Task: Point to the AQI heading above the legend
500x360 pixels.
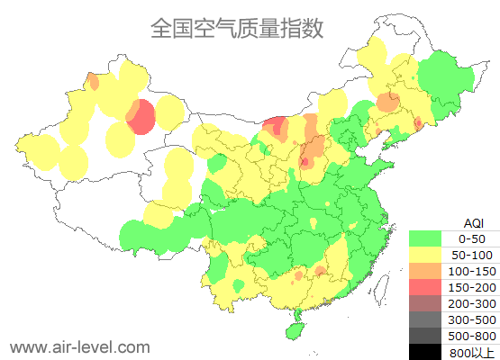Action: (x=473, y=222)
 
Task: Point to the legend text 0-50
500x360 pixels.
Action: (x=472, y=238)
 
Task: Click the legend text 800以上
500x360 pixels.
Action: (x=472, y=352)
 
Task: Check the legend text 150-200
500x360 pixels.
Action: (x=472, y=287)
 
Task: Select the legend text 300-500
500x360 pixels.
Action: (x=472, y=319)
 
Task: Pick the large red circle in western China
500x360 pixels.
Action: (x=141, y=117)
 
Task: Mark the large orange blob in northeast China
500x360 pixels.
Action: (x=387, y=101)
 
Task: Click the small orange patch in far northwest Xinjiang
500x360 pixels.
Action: (x=94, y=82)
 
